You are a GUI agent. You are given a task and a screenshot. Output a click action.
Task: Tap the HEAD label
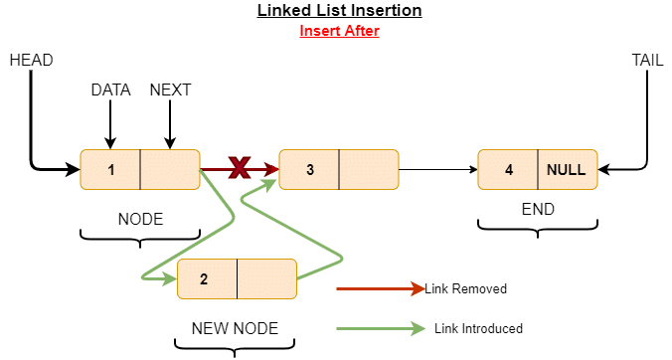click(31, 61)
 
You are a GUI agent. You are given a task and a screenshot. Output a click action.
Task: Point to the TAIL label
click(647, 61)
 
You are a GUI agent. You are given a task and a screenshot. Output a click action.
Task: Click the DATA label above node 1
click(111, 90)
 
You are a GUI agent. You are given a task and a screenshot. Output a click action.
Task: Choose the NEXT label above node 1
click(170, 90)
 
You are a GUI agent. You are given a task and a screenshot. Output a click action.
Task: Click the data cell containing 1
click(110, 170)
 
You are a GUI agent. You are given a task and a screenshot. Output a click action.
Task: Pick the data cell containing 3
click(309, 170)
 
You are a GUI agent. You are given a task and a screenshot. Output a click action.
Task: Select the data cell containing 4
click(508, 170)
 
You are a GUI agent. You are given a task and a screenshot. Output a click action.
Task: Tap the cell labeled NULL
click(567, 170)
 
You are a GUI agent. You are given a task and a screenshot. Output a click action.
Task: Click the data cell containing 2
click(207, 278)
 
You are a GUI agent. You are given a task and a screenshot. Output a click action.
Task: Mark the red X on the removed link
click(239, 168)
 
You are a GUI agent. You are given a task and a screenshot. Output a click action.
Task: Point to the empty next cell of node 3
click(368, 170)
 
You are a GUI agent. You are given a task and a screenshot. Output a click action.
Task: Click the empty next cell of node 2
click(266, 278)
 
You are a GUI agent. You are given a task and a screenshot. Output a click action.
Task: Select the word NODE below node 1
click(140, 219)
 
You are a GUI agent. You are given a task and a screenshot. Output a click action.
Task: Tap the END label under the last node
click(538, 210)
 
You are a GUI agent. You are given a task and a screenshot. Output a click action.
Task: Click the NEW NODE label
click(235, 327)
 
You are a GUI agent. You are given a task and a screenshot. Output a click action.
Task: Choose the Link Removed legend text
click(465, 289)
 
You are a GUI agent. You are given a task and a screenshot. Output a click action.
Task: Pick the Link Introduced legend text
click(478, 328)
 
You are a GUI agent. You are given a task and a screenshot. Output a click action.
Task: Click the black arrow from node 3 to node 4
click(437, 170)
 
